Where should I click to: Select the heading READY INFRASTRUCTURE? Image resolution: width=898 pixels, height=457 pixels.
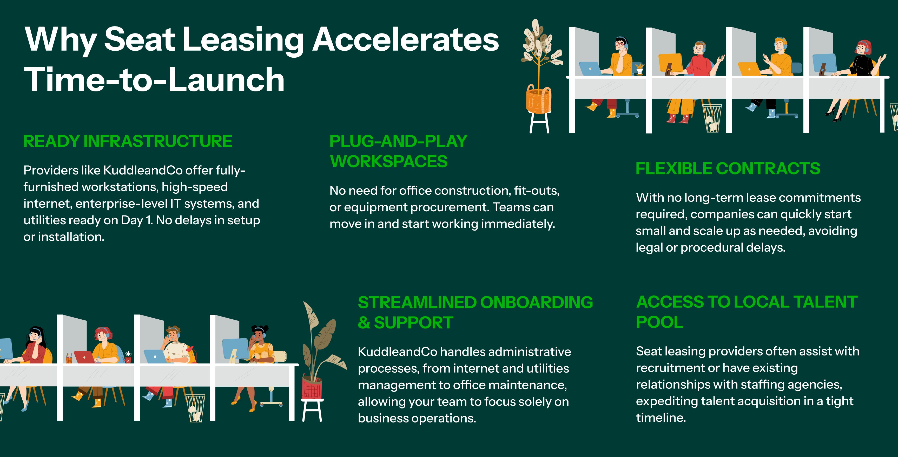(128, 141)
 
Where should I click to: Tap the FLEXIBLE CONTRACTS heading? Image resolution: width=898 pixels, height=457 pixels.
(728, 168)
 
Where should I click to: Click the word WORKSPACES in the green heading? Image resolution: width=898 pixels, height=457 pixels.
(388, 161)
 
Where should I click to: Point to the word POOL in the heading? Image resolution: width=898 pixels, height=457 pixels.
(659, 322)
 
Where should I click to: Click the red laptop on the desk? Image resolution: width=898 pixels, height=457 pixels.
(84, 357)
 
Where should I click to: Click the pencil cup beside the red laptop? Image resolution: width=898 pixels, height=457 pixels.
(69, 358)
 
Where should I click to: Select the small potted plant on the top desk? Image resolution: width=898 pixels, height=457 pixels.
(639, 68)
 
